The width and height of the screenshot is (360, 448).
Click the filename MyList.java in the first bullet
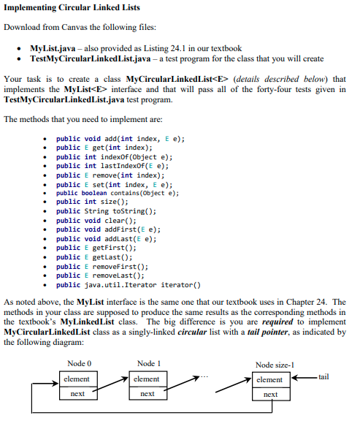pyautogui.click(x=48, y=47)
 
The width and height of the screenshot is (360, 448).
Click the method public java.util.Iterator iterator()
pyautogui.click(x=129, y=285)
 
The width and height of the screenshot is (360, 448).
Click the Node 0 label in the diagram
pyautogui.click(x=79, y=364)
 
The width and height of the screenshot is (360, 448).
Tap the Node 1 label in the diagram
pyautogui.click(x=148, y=364)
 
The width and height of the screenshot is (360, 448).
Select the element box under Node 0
pyautogui.click(x=77, y=379)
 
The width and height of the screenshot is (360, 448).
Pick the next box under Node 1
pyautogui.click(x=147, y=394)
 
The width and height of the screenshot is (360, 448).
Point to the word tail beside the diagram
pyautogui.click(x=323, y=377)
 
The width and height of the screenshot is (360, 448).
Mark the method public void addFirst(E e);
pyautogui.click(x=107, y=229)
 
